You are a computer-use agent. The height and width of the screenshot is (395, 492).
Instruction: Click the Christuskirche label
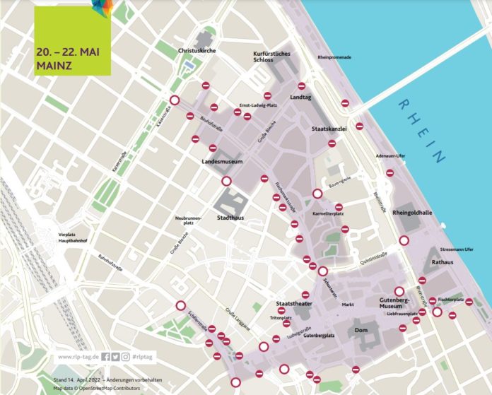197,52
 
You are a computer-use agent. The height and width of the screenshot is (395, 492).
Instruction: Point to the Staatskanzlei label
328,129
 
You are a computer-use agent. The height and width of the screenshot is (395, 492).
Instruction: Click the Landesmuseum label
222,162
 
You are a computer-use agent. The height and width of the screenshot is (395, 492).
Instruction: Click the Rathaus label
443,261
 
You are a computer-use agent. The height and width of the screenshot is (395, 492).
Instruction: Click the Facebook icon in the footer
105,357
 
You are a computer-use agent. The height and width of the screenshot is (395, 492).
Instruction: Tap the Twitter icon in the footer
115,357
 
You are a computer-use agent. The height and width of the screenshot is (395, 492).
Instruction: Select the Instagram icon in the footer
125,357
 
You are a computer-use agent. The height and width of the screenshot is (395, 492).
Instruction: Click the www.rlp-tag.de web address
78,357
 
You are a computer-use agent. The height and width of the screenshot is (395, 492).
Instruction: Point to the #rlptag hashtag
145,357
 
